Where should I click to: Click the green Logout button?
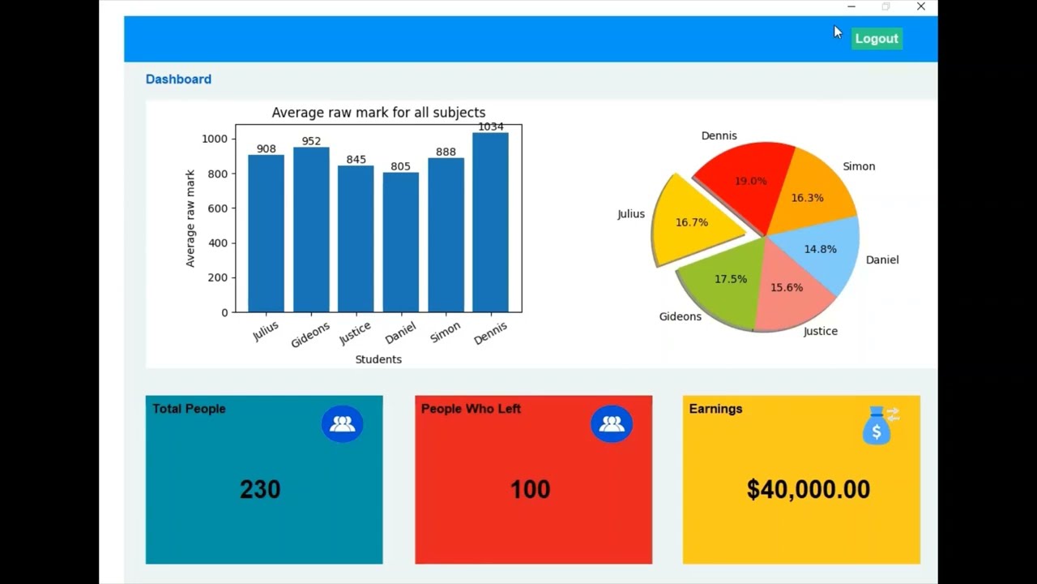tap(877, 38)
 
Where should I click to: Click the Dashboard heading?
tap(178, 79)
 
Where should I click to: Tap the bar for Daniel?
tap(401, 243)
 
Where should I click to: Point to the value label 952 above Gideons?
tap(311, 141)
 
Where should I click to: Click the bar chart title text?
tap(378, 113)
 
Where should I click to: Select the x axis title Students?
tap(378, 359)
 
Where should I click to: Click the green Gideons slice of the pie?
tap(725, 284)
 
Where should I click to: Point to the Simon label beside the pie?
tap(859, 166)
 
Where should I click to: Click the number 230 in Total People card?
tap(260, 489)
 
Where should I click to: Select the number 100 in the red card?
tap(530, 489)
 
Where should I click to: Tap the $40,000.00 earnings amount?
tap(808, 489)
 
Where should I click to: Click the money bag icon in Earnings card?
tap(877, 425)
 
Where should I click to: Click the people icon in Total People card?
tap(342, 423)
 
